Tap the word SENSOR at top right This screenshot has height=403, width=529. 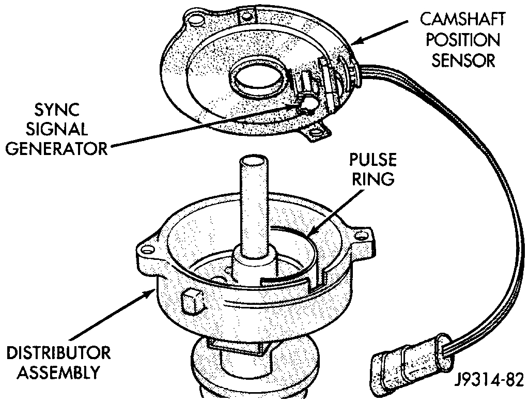[463, 60]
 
